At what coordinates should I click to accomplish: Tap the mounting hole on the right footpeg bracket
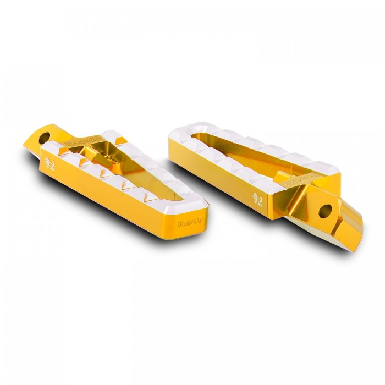[326, 210]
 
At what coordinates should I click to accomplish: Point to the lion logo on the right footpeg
[257, 196]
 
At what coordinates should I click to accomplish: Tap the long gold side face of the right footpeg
[220, 176]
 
